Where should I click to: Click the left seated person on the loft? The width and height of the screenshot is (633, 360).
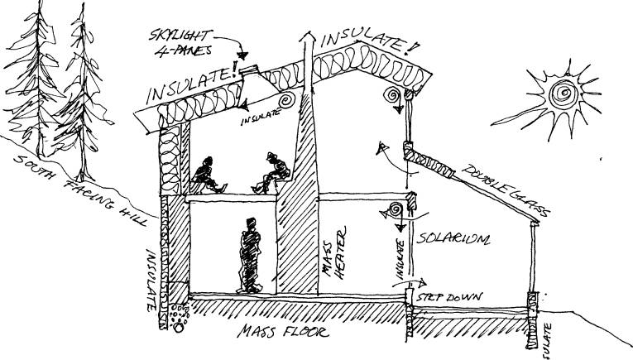point(204,173)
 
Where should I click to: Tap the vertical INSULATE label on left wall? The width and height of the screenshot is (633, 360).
point(152,276)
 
